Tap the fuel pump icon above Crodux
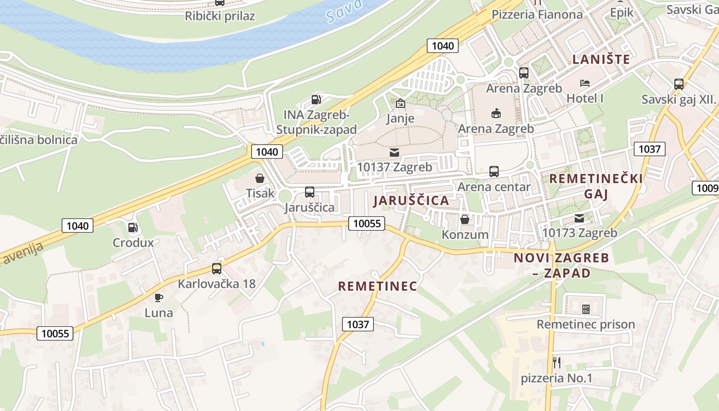pos(133,227)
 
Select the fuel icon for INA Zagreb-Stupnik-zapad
pos(316,99)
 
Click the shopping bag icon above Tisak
pos(260,178)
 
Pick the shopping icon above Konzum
pos(465,219)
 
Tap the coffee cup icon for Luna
pos(159,297)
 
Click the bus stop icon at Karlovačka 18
pos(217,268)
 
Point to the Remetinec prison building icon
pos(585,309)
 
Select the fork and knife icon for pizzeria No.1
pos(557,363)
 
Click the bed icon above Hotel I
pos(585,83)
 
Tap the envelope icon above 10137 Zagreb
pos(394,153)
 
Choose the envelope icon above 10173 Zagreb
pos(579,218)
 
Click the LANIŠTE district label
pos(601,59)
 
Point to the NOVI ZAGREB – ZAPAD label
pos(561,265)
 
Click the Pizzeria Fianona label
pos(537,14)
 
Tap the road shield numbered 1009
pos(707,188)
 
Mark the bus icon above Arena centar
pos(494,171)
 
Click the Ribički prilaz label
pos(220,16)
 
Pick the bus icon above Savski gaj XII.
pos(678,84)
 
